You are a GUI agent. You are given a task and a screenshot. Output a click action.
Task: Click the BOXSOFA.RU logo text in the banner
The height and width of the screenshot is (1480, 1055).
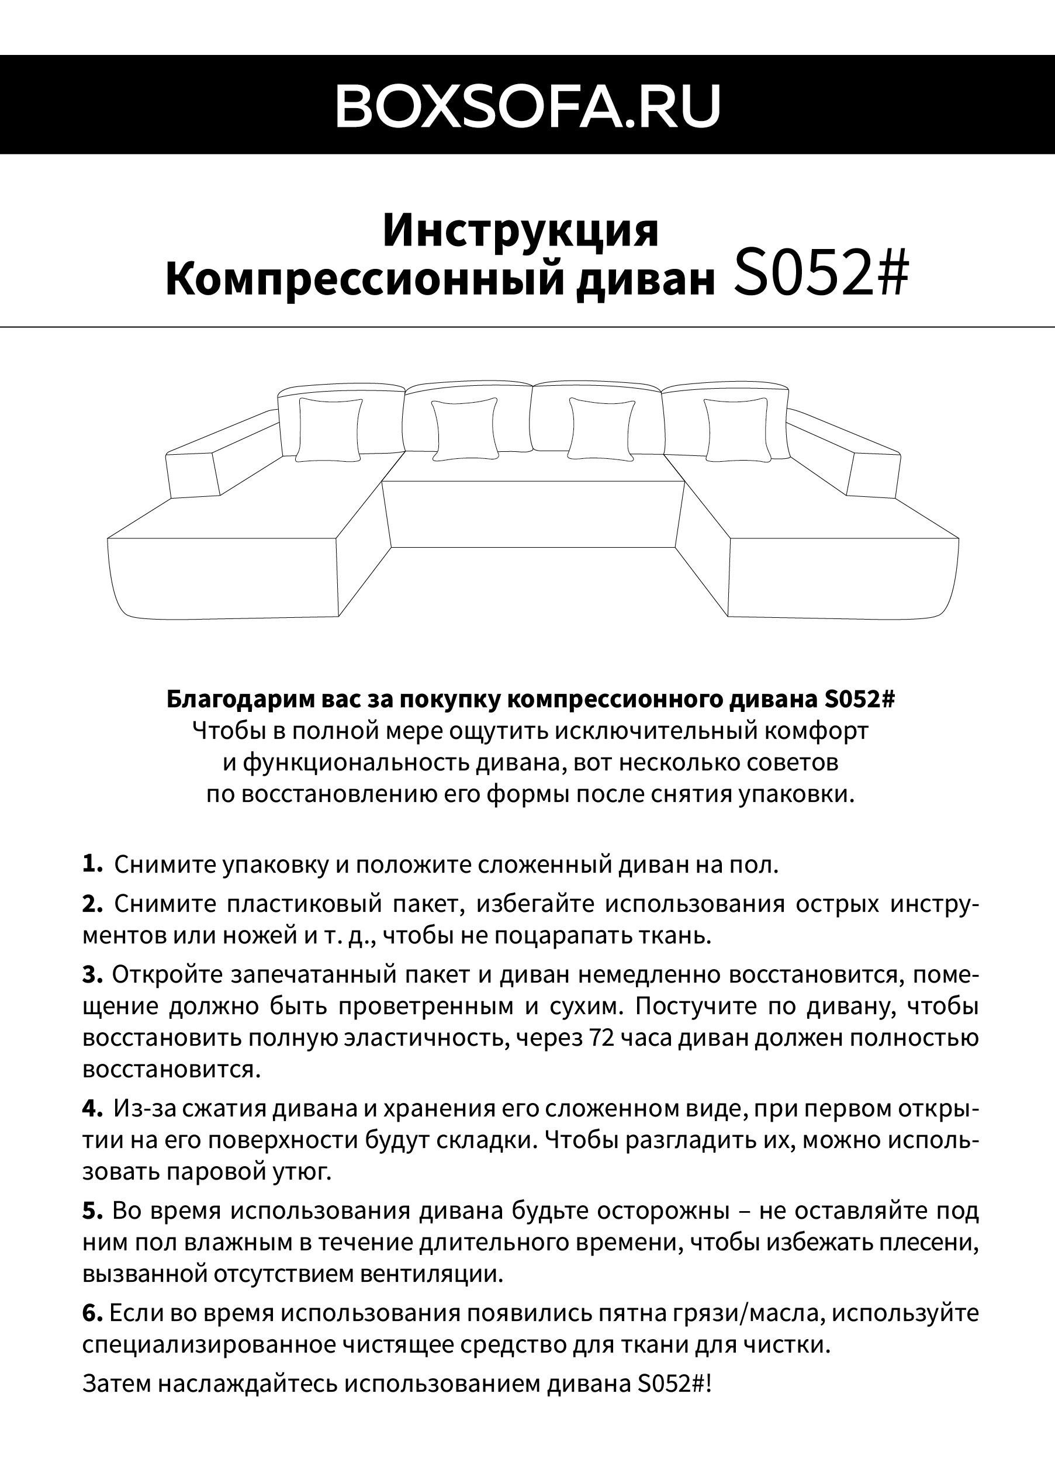[x=527, y=105]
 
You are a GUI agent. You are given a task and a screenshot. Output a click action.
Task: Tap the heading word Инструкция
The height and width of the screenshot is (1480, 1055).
[x=520, y=231]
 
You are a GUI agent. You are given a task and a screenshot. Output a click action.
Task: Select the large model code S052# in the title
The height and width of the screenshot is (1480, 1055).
[x=820, y=275]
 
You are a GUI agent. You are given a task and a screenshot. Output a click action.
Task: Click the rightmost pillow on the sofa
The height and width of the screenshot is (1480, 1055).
[x=736, y=430]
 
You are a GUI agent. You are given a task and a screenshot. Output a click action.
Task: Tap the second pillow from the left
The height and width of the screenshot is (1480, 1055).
[x=465, y=430]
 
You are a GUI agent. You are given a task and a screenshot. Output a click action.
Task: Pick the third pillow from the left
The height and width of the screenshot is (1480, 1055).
[x=601, y=430]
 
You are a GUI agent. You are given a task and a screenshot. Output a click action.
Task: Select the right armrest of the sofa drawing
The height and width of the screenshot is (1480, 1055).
[x=873, y=472]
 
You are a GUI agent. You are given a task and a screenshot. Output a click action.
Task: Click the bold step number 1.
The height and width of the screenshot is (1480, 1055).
[x=92, y=864]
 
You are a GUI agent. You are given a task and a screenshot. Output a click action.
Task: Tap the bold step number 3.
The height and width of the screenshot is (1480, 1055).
[x=92, y=974]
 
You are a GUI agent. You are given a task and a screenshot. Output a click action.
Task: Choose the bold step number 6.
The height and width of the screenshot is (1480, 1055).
[x=92, y=1312]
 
